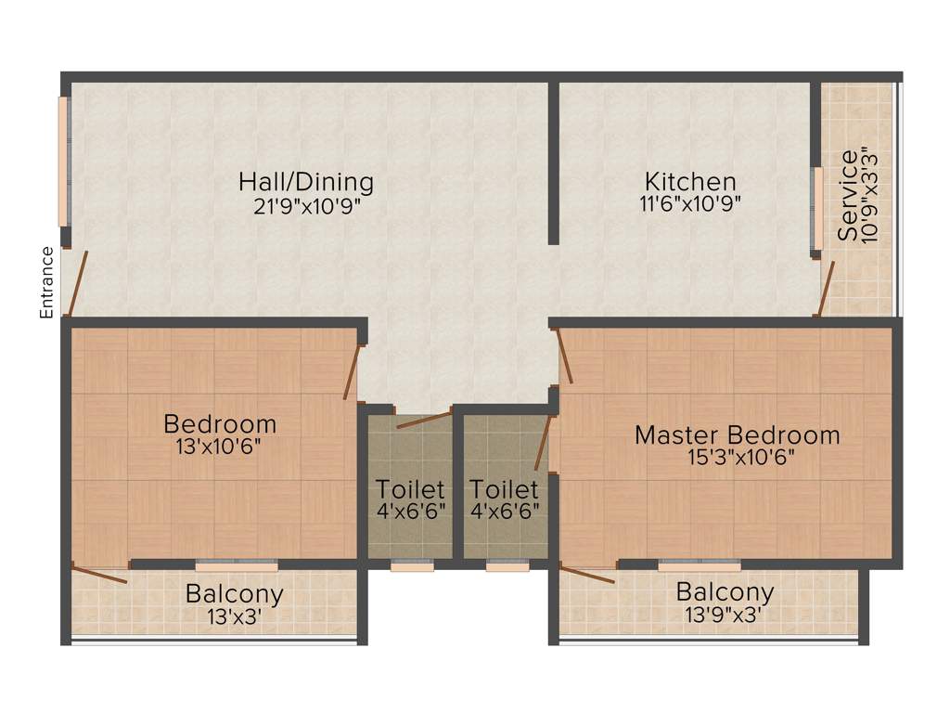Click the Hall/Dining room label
tap(305, 181)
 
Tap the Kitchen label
tap(691, 181)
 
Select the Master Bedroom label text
tap(738, 434)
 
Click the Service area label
tap(848, 195)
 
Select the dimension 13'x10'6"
tap(219, 447)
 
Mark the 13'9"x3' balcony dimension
tap(725, 614)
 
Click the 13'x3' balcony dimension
tap(234, 615)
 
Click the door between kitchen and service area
tap(825, 289)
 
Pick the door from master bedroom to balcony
tap(587, 576)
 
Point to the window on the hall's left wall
tap(64, 162)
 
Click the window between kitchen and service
tap(817, 209)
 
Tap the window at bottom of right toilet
tap(507, 566)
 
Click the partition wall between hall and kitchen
tap(553, 162)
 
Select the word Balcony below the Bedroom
tap(234, 593)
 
